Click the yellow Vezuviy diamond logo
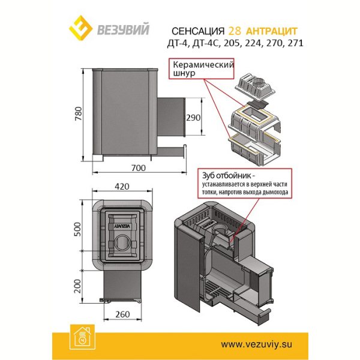tap(81, 28)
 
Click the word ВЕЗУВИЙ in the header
tap(123, 29)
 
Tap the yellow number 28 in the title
tap(235, 31)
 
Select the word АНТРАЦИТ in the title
tap(272, 31)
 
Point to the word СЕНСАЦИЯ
tap(198, 31)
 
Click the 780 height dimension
tap(78, 113)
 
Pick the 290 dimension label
tap(193, 118)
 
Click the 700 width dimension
tap(139, 168)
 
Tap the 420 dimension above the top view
tap(122, 187)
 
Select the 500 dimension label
tap(77, 229)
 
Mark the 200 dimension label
tap(77, 286)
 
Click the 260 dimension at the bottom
tap(122, 314)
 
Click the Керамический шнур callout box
tap(202, 68)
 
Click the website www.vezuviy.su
tap(256, 344)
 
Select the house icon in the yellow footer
tap(82, 337)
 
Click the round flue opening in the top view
tap(122, 242)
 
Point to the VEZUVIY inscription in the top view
tap(122, 226)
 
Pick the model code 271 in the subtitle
tap(295, 43)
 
